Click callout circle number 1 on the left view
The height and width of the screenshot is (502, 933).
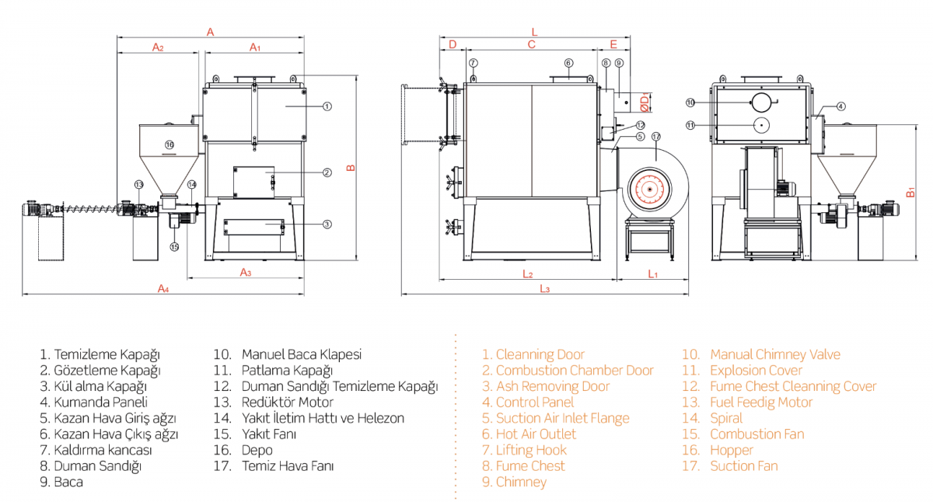point(327,105)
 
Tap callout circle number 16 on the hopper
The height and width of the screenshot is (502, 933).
point(169,145)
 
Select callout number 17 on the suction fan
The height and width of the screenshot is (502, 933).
point(655,137)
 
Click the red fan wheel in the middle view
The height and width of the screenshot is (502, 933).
point(647,189)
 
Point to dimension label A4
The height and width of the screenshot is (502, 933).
point(163,288)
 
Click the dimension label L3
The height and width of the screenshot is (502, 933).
point(545,289)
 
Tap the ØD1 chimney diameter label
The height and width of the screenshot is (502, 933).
point(645,101)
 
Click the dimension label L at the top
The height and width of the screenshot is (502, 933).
point(534,32)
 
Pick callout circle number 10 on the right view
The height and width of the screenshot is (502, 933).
point(690,103)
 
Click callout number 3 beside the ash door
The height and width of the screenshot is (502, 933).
point(327,225)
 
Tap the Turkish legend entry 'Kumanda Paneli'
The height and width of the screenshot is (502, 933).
point(92,403)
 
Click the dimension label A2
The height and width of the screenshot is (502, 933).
point(158,48)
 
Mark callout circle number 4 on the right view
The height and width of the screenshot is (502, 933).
point(841,106)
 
